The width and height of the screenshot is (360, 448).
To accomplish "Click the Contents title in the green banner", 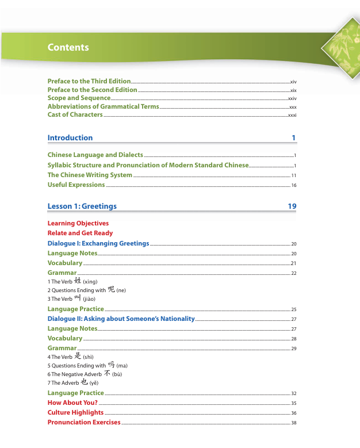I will click(x=68, y=48).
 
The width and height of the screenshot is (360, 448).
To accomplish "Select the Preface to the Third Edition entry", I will click(x=89, y=81).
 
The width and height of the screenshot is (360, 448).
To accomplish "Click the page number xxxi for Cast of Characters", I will click(x=292, y=116).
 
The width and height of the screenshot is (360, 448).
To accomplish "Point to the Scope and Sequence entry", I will click(x=79, y=98).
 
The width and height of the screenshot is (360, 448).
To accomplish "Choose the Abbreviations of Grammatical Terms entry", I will click(x=103, y=106).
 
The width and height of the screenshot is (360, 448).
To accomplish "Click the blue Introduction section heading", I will click(x=70, y=138).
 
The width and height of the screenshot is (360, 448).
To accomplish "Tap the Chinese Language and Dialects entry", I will click(x=95, y=155).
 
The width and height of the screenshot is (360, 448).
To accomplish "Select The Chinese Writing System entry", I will click(x=90, y=175).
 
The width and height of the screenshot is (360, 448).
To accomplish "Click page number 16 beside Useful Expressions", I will click(x=293, y=185).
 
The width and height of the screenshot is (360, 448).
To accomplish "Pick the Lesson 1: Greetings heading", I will click(x=82, y=206).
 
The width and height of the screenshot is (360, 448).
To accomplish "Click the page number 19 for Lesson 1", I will click(x=292, y=206).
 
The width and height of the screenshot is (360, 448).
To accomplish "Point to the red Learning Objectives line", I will click(x=78, y=223).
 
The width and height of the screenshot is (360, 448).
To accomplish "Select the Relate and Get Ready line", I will click(x=80, y=233).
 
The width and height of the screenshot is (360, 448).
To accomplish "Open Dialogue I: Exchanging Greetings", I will click(x=98, y=243).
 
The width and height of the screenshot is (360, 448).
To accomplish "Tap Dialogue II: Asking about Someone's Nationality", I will click(x=121, y=319).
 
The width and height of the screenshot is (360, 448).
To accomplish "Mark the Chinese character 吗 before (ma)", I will click(x=111, y=365).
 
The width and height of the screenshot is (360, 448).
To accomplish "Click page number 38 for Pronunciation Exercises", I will click(x=293, y=423).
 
